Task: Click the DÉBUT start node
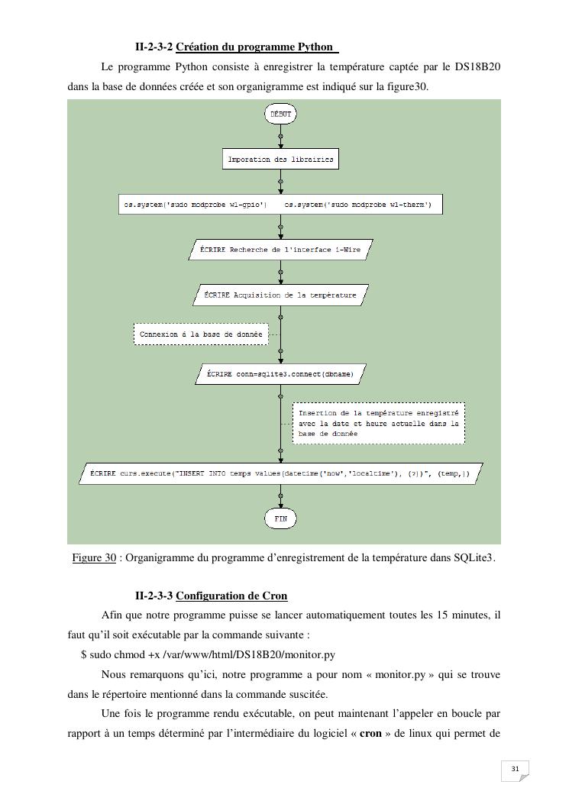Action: (280, 114)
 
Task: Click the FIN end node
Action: (280, 518)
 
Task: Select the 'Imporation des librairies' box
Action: (280, 160)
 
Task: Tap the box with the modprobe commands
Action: (280, 205)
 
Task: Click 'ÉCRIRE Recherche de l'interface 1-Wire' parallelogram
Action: (280, 250)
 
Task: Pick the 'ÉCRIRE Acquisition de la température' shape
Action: (280, 295)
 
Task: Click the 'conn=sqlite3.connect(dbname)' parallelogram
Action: (280, 375)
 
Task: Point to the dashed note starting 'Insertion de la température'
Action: (379, 423)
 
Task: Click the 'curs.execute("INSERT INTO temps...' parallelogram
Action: (280, 473)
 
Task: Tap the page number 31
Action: (515, 768)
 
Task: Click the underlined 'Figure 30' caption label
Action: (94, 558)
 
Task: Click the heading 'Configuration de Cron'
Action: (231, 596)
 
